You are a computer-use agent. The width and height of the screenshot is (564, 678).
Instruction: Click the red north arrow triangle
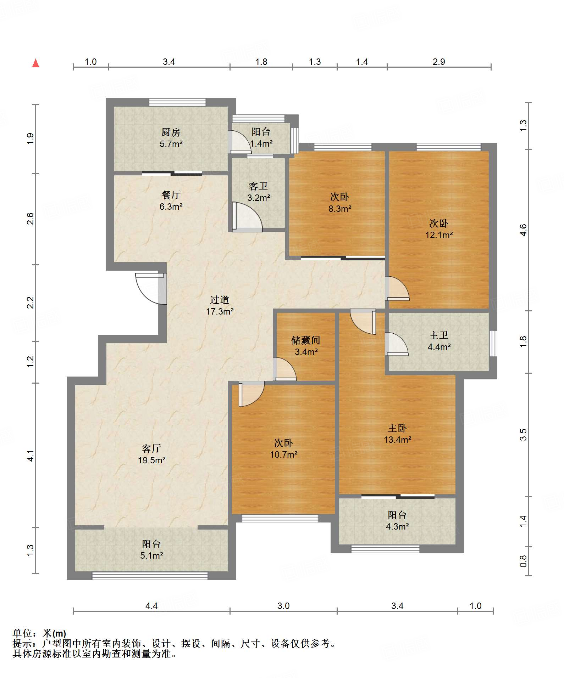click(35, 63)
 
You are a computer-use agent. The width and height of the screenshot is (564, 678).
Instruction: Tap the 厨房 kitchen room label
click(171, 132)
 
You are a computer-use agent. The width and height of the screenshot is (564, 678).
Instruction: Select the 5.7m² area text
click(171, 144)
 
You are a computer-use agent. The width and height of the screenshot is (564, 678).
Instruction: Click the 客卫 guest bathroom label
click(258, 186)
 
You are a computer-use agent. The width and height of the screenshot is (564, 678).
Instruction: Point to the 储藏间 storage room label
click(306, 340)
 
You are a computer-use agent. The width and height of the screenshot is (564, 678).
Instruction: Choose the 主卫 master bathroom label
click(439, 335)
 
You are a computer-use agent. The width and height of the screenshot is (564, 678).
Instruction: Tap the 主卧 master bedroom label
click(397, 428)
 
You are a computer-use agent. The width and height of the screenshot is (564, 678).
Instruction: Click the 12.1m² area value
click(439, 235)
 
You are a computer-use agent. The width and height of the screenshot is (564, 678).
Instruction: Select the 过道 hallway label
click(220, 300)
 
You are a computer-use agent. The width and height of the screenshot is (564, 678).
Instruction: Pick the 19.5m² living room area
click(152, 460)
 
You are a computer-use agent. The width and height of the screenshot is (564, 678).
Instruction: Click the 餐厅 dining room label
click(171, 195)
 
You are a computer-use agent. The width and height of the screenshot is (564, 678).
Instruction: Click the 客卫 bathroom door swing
click(247, 217)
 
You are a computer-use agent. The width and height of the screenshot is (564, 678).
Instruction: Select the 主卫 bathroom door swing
click(397, 344)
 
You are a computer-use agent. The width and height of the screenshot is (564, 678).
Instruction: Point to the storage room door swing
click(284, 369)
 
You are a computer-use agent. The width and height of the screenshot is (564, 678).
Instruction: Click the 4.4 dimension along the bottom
click(151, 606)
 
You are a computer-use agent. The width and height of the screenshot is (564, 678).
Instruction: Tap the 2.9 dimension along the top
click(439, 62)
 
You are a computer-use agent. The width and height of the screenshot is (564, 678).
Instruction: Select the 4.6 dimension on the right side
click(523, 230)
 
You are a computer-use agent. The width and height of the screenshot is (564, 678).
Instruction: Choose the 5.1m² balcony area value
click(151, 555)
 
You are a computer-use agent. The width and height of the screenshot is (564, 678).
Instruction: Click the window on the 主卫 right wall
click(493, 344)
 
